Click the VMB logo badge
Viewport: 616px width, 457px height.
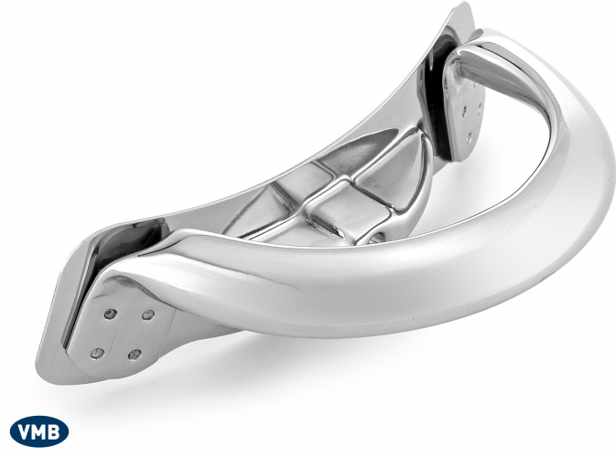point(39,432)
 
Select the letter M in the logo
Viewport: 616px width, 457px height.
point(40,432)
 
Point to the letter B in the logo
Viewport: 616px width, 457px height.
point(54,432)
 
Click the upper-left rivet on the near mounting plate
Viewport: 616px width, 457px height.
point(110,313)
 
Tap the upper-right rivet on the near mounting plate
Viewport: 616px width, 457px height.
point(147,314)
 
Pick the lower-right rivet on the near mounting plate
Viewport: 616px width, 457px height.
point(135,355)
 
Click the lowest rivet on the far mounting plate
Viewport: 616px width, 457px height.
point(470,137)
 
